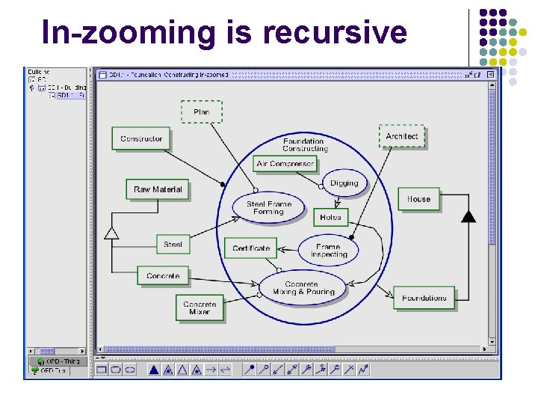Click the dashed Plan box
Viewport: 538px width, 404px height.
tap(201, 112)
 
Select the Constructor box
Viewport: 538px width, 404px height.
tap(141, 138)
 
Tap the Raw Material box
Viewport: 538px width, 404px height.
tap(157, 189)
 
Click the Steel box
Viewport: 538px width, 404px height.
tap(173, 245)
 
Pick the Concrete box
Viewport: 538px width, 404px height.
tap(163, 276)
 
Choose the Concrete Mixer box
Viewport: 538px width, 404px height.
tap(200, 307)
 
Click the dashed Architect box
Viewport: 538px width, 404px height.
tap(402, 136)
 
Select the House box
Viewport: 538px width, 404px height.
tap(418, 199)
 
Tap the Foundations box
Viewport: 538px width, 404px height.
tap(424, 298)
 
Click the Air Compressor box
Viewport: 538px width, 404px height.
tap(285, 164)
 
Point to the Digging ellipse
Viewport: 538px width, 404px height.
tap(344, 183)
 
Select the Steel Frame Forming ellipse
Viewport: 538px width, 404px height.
tap(269, 208)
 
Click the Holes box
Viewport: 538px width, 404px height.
tap(330, 218)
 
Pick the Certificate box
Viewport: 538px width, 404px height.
tap(251, 248)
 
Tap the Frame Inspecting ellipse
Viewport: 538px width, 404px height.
tap(328, 250)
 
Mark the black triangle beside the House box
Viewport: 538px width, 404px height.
tap(468, 216)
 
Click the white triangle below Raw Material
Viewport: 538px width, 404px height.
tap(111, 233)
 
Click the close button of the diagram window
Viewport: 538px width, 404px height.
tap(490, 75)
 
